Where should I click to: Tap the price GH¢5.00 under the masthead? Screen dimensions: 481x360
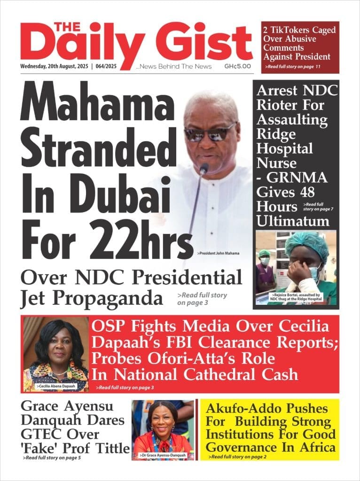(237, 67)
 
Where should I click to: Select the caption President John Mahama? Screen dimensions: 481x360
(219, 254)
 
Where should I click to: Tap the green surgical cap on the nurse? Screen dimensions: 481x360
(307, 244)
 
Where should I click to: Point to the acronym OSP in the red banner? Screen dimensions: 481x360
(108, 326)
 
